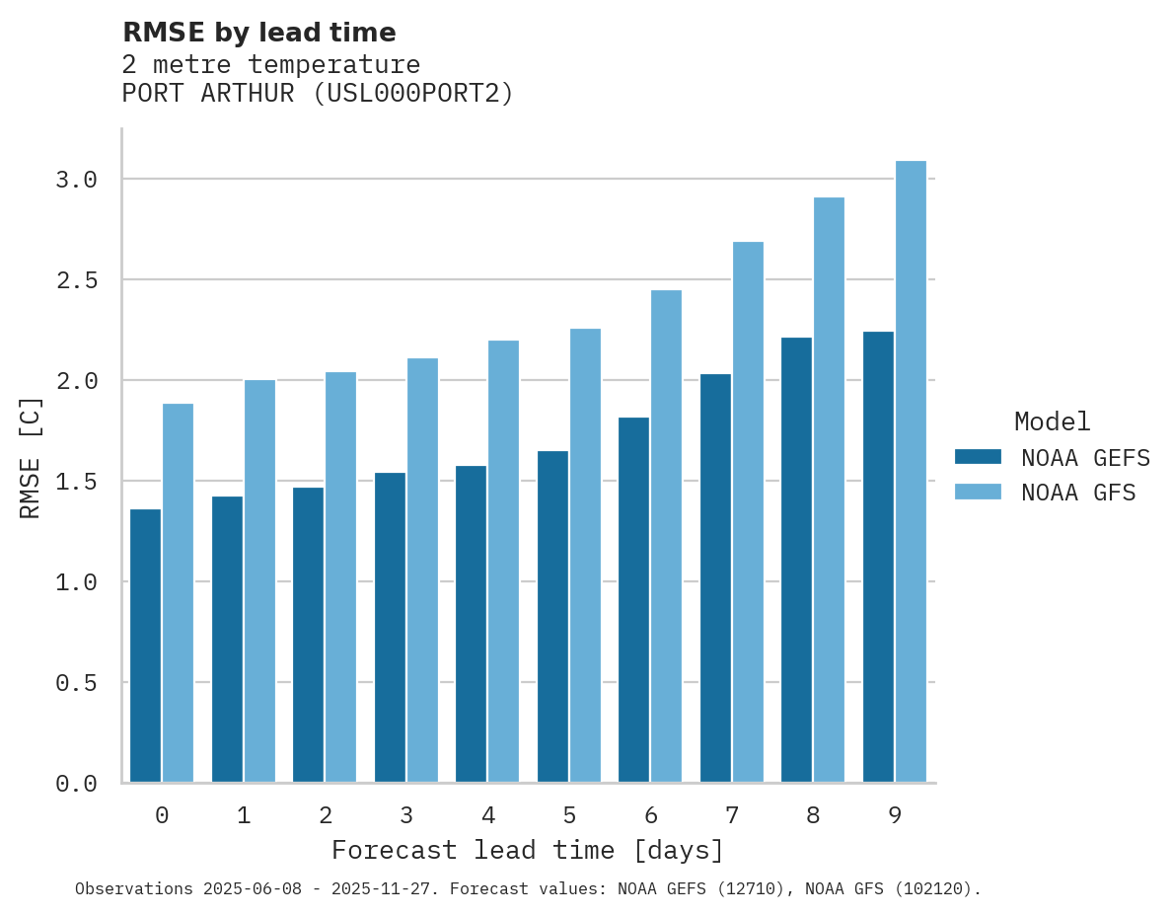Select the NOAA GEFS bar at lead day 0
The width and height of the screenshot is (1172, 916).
coord(145,646)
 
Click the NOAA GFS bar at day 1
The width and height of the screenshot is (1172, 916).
coord(259,581)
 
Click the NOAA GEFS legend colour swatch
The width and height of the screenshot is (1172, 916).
coord(978,457)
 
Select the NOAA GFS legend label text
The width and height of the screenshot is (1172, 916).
coord(1078,493)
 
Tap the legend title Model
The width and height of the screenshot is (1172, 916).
coord(1052,422)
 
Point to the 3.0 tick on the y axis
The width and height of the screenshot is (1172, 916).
coord(76,180)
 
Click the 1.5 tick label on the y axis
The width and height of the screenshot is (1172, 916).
coord(76,482)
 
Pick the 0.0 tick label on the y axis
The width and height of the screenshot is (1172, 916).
coord(76,784)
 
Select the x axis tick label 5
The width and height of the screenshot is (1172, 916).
coord(569,815)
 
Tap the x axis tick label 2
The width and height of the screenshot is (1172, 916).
coord(325,815)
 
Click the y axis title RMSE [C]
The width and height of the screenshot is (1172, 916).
coord(31,457)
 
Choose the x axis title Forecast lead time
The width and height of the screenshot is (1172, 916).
coord(528,850)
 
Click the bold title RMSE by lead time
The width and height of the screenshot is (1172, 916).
coord(258,33)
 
